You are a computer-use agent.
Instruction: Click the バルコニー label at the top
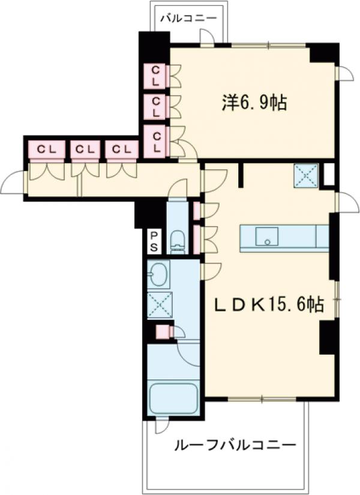tap(188, 19)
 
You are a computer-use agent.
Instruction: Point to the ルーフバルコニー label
tap(235, 446)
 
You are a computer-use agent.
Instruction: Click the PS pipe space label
tap(154, 242)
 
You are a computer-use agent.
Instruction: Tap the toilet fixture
tap(177, 242)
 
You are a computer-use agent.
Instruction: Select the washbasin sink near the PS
tap(158, 275)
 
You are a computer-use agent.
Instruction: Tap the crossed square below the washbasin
tap(158, 304)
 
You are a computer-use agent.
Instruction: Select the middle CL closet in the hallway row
tap(85, 149)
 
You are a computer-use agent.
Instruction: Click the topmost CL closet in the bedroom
tap(156, 76)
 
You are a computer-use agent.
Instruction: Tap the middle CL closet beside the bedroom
tap(156, 107)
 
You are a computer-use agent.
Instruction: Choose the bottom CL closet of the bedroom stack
tap(156, 141)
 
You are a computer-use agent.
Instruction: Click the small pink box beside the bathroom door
tap(162, 331)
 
